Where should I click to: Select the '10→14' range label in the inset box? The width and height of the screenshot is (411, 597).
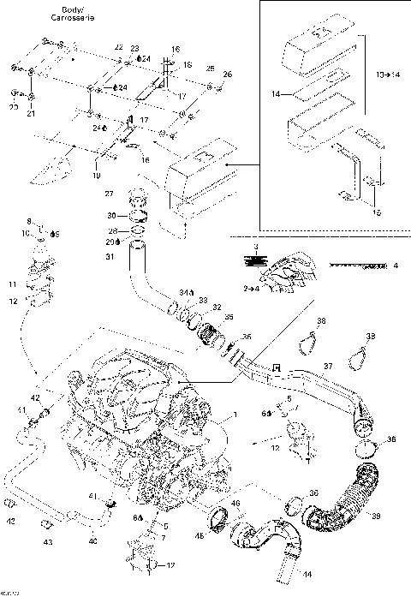tap(388, 75)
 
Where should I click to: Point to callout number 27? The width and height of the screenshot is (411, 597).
tap(109, 195)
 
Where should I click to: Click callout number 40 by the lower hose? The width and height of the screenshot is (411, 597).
tap(92, 540)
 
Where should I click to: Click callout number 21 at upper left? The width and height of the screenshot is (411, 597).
tap(30, 113)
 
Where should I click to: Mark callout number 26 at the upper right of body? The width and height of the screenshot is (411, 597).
tap(227, 75)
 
